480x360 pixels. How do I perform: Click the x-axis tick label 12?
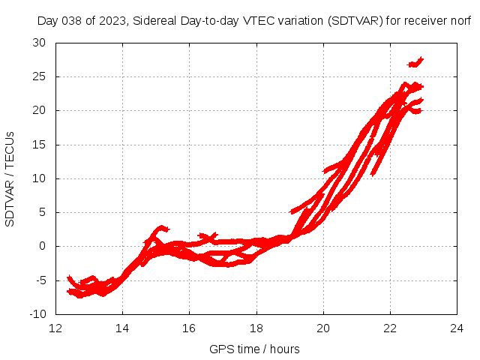click(x=55, y=328)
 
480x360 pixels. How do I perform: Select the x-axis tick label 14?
click(x=122, y=328)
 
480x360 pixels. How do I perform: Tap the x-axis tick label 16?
click(x=190, y=328)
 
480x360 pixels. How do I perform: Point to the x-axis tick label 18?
click(x=256, y=328)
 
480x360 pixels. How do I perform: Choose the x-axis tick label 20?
click(x=323, y=328)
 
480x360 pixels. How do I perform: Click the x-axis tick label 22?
click(x=390, y=328)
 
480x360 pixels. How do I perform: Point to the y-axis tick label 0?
click(x=43, y=246)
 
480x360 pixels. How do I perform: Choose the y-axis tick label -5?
click(x=40, y=280)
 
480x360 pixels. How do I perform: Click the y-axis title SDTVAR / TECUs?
click(x=10, y=178)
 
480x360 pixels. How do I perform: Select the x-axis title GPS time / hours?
click(x=255, y=349)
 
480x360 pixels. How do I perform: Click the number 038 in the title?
click(x=71, y=21)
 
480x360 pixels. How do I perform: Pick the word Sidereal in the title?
click(x=153, y=21)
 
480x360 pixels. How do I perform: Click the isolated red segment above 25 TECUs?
click(x=415, y=62)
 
